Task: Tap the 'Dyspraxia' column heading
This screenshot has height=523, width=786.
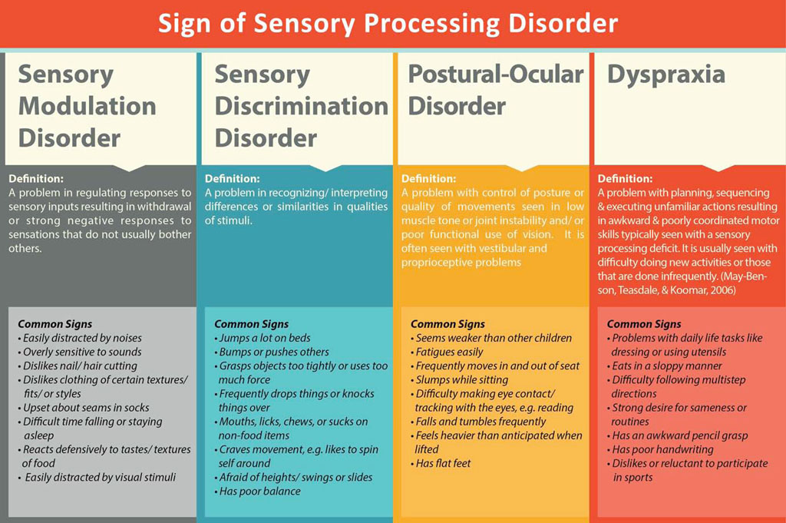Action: pos(665,74)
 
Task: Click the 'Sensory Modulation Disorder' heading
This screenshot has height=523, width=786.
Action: pos(87,106)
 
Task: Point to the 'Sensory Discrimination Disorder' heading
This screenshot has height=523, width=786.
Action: pos(301,106)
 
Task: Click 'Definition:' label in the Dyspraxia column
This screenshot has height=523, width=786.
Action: pos(625,178)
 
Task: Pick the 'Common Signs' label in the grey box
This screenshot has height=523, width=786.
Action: pos(54,324)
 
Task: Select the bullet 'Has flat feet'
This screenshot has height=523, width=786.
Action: pos(443,463)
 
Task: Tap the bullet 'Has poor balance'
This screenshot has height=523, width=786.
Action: pos(259,491)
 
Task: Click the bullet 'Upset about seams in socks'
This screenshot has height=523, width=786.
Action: pos(86,408)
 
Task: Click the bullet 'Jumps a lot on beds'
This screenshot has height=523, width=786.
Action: pos(266,338)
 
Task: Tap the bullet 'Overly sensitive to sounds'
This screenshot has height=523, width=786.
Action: pos(82,352)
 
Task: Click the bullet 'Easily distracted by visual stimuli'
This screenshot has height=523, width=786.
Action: pos(100,477)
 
